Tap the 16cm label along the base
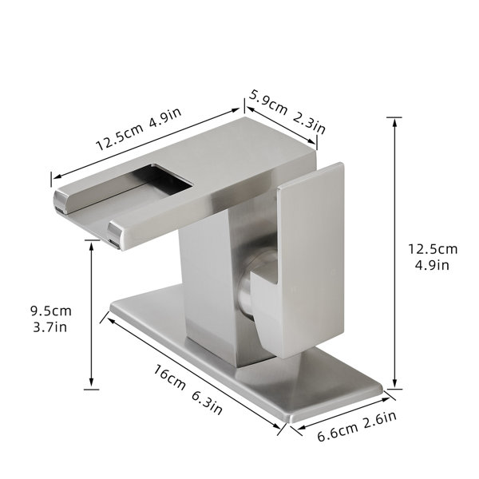[x=169, y=378]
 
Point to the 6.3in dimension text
[x=207, y=402]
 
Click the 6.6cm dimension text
[x=337, y=431]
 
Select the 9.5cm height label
[x=51, y=311]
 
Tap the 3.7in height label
[x=49, y=327]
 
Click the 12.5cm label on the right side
[x=433, y=249]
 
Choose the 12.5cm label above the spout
[x=120, y=137]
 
